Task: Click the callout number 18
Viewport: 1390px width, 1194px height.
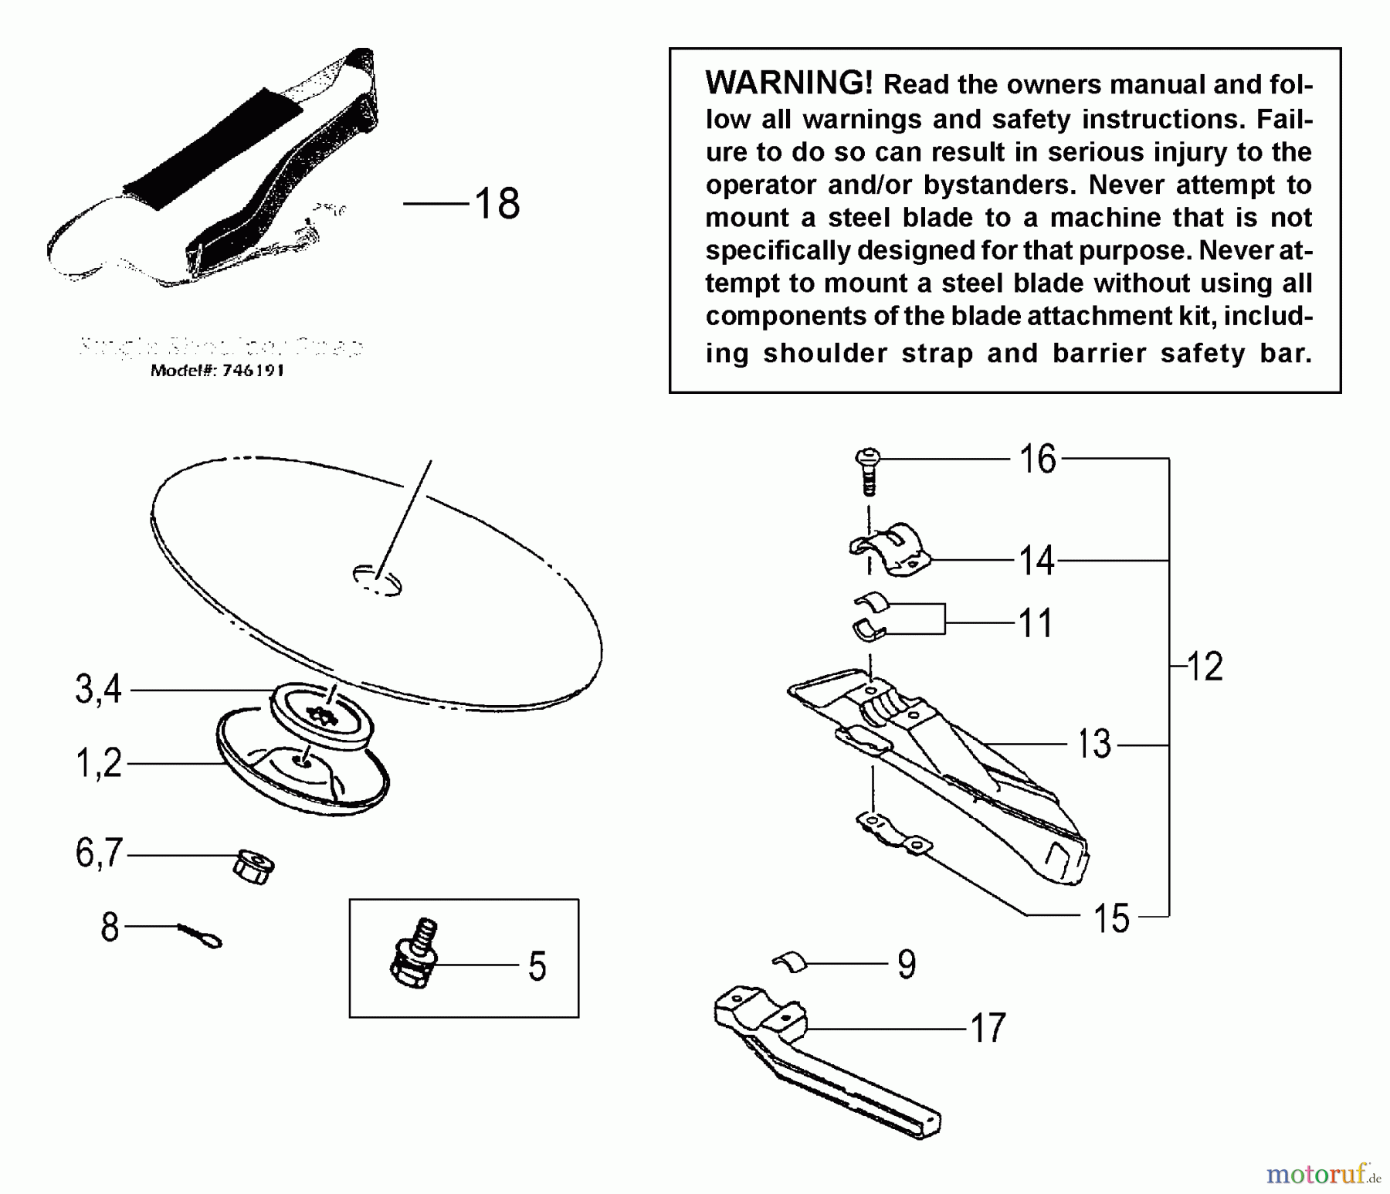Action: pos(497,204)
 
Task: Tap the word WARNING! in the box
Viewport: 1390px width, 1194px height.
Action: pos(788,83)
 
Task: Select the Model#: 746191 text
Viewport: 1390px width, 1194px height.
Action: pos(217,371)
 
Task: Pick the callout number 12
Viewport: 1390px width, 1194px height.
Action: pos(1204,666)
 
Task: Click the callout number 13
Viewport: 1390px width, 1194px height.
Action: pos(1093,745)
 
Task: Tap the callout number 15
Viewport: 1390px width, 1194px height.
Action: pos(1111,918)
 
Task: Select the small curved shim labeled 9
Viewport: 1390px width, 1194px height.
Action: pos(790,962)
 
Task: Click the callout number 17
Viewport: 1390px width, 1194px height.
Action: pos(988,1028)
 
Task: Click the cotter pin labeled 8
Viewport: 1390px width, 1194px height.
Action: pos(200,935)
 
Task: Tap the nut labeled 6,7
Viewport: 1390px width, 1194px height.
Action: pos(253,867)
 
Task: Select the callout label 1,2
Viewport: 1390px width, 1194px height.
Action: pos(99,763)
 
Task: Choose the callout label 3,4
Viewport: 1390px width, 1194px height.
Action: pos(99,689)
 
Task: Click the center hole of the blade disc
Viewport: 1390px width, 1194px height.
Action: pos(377,580)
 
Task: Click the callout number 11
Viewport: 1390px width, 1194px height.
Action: pos(1036,622)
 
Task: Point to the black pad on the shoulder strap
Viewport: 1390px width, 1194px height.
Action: pos(212,148)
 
